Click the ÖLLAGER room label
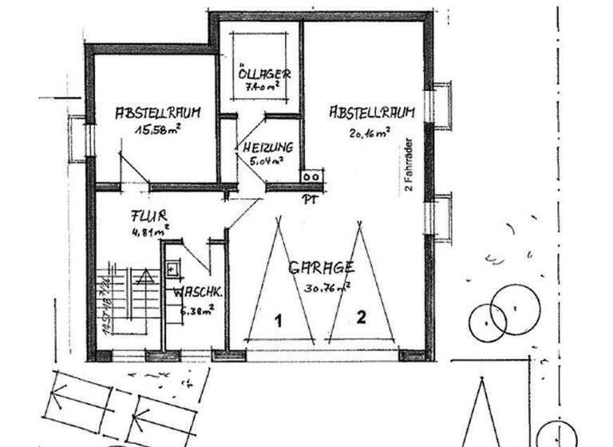(260, 74)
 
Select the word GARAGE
(321, 267)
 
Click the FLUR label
(148, 216)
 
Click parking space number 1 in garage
(279, 321)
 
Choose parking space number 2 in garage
(361, 318)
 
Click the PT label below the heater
(310, 199)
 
